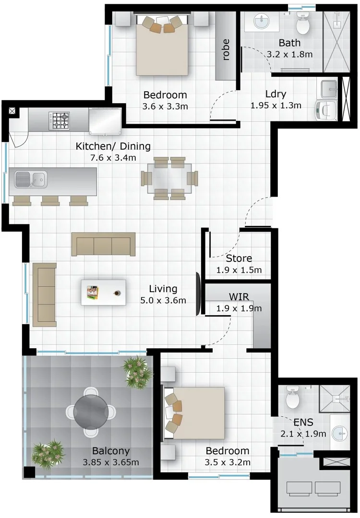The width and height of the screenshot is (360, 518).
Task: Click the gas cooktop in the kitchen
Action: (60, 121)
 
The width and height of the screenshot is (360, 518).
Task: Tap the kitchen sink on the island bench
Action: (30, 179)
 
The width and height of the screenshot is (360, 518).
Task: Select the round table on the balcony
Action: (91, 412)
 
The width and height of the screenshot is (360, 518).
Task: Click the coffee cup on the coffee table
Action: (117, 293)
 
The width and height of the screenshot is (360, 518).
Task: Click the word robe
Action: (226, 49)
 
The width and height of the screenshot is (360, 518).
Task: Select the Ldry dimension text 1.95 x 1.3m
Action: (276, 106)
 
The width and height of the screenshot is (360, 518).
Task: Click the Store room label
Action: (239, 258)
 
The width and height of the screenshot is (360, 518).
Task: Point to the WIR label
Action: (239, 296)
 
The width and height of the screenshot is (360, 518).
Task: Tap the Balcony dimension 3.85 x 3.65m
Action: (111, 462)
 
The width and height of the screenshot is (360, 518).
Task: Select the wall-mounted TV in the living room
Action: (198, 294)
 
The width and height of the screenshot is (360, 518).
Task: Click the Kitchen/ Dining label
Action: (113, 146)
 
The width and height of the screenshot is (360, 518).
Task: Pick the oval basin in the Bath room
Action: (261, 22)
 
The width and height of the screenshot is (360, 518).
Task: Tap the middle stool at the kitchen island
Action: (50, 200)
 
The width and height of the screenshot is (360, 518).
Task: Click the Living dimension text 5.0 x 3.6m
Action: (163, 301)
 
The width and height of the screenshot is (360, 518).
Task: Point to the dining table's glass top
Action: (169, 178)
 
